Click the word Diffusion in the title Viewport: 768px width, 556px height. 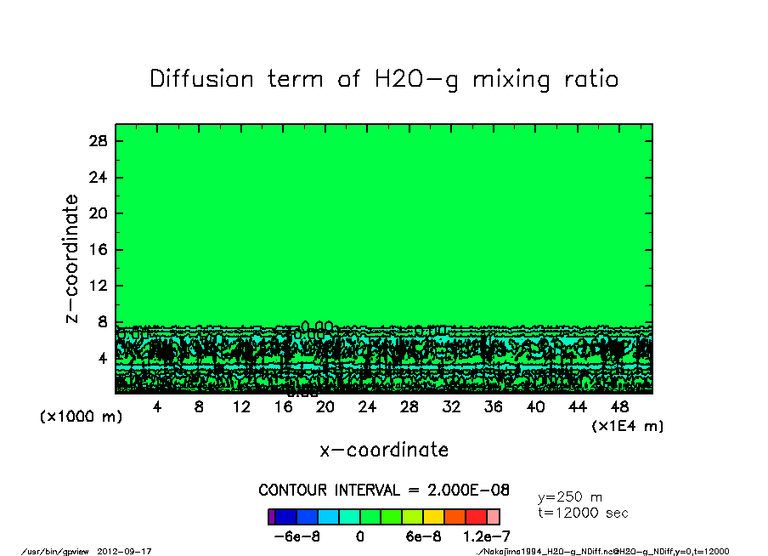[201, 79]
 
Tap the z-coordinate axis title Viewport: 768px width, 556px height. [72, 258]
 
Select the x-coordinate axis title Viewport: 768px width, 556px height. [384, 450]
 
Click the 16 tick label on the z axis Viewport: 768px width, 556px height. [99, 250]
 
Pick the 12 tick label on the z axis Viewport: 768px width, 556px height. [99, 287]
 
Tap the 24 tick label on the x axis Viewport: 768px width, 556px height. [367, 407]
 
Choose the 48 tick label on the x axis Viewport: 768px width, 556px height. [620, 407]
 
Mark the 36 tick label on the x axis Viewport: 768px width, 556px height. [494, 407]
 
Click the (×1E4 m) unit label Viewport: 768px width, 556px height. [627, 426]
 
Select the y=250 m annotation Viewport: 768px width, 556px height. [570, 496]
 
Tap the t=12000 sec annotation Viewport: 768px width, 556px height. [584, 513]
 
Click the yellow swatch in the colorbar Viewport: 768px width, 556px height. [433, 517]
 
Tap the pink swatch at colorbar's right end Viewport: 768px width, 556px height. [494, 517]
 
